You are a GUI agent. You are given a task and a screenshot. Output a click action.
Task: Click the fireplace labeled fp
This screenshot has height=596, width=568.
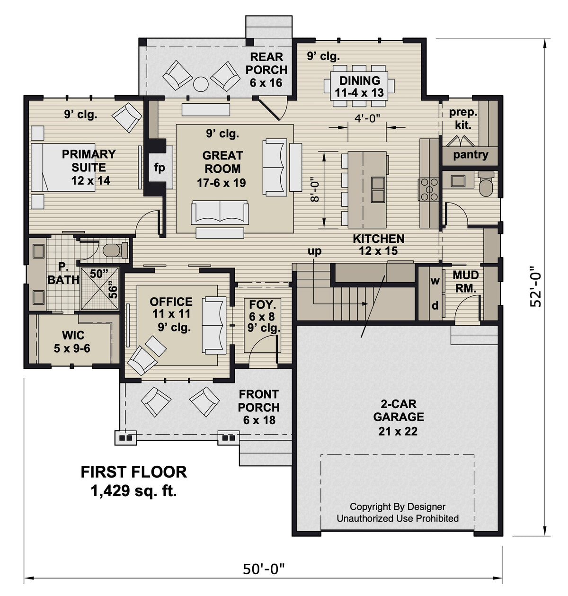point(160,168)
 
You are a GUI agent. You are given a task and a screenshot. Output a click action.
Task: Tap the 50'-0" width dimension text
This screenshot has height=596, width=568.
point(264,569)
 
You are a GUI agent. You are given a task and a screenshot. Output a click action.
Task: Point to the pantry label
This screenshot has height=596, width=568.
point(470,155)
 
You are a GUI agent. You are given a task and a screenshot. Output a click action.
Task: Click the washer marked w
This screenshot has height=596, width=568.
point(435,281)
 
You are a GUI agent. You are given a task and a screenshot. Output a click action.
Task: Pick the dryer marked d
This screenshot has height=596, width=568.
point(435,306)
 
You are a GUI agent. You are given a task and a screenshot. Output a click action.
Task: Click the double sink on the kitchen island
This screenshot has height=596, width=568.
point(377,188)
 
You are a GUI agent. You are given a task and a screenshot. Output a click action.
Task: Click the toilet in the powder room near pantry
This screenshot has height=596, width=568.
point(486,185)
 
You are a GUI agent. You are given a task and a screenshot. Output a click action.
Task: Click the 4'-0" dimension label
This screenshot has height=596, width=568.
point(367,118)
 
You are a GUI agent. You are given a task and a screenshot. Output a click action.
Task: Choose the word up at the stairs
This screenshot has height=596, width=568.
point(314,251)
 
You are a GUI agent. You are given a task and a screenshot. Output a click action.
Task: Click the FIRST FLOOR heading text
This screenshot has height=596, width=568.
point(133,471)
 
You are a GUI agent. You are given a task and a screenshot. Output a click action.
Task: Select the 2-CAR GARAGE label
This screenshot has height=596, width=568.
point(398,410)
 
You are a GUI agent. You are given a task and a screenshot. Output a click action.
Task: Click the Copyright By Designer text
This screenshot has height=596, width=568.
point(397,507)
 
